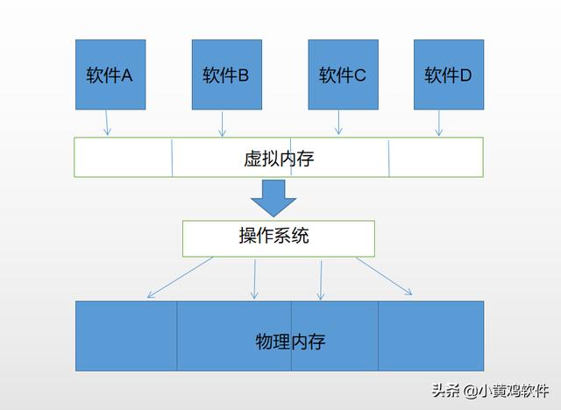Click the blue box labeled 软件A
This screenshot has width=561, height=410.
(x=109, y=74)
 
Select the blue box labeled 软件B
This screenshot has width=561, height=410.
(x=225, y=74)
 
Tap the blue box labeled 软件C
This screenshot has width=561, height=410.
(x=342, y=74)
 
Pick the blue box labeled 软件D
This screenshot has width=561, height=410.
(x=448, y=74)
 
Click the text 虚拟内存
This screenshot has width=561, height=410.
(x=279, y=159)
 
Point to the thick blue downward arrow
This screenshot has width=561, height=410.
(x=273, y=198)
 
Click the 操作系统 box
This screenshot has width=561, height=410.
(x=278, y=237)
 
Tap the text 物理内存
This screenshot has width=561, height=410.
(x=290, y=340)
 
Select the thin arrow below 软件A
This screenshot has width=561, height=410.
(x=106, y=123)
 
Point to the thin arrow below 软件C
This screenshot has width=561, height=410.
(x=338, y=123)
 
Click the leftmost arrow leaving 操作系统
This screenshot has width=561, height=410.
(x=180, y=277)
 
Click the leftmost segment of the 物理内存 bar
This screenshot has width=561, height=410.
(x=126, y=336)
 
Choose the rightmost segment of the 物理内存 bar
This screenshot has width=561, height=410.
(x=430, y=336)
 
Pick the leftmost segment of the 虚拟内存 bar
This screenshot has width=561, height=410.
(x=123, y=158)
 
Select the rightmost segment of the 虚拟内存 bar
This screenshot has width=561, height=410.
(x=436, y=158)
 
